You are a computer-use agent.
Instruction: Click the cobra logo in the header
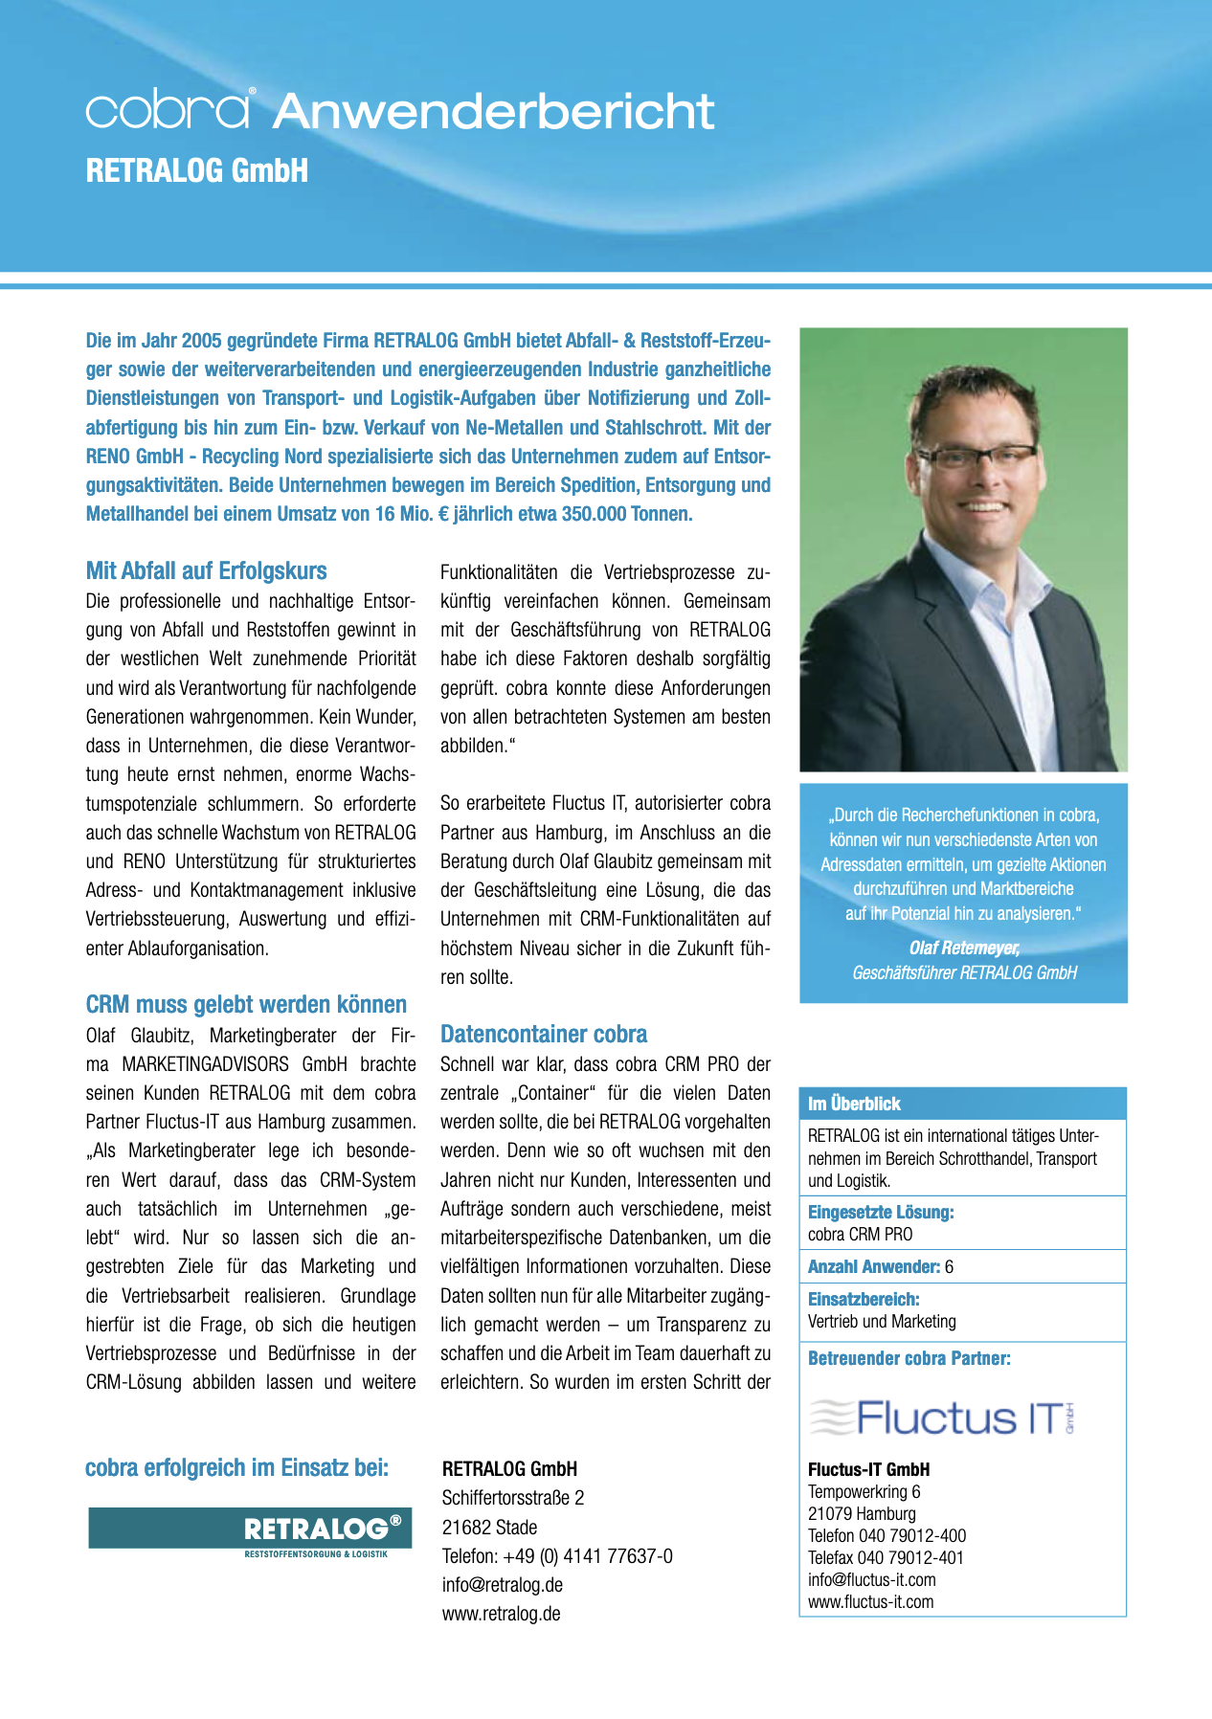(x=169, y=109)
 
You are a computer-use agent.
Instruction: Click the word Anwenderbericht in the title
(x=493, y=111)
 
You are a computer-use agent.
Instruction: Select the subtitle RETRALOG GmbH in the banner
(x=197, y=171)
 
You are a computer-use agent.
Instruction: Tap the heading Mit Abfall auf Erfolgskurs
(x=206, y=571)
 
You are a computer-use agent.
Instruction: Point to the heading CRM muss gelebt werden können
(x=246, y=1005)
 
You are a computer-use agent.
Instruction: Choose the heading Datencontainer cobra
(x=543, y=1034)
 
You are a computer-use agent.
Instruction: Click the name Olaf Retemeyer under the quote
(x=964, y=948)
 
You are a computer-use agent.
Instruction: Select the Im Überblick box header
(x=854, y=1104)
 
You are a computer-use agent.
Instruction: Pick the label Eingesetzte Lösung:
(x=881, y=1213)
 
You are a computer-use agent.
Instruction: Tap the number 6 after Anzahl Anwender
(x=949, y=1266)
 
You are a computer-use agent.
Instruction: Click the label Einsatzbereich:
(x=864, y=1299)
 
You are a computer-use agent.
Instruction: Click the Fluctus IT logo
(x=943, y=1418)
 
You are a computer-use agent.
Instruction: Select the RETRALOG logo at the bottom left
(x=250, y=1529)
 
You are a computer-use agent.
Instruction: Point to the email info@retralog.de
(x=502, y=1585)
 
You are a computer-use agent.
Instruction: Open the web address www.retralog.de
(x=501, y=1614)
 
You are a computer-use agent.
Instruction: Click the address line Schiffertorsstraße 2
(x=512, y=1498)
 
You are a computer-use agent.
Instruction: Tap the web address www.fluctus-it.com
(x=870, y=1602)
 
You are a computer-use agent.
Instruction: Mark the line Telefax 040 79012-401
(x=886, y=1557)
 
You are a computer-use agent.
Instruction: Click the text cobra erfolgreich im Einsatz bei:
(x=236, y=1468)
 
